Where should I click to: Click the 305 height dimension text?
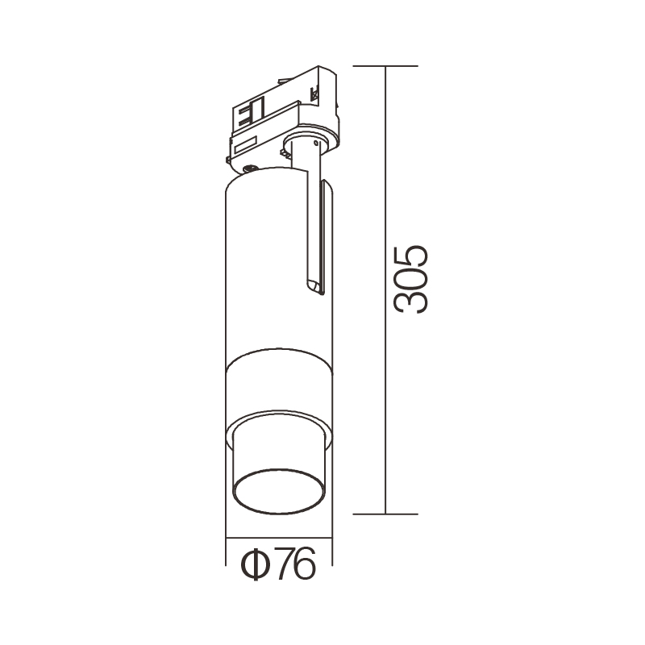pyautogui.click(x=410, y=280)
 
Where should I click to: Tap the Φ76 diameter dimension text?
pyautogui.click(x=278, y=564)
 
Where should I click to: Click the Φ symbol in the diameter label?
pyautogui.click(x=255, y=564)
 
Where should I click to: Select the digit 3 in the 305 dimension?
pyautogui.click(x=410, y=303)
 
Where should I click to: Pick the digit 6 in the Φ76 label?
pyautogui.click(x=305, y=564)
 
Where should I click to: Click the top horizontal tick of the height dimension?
pyautogui.click(x=385, y=66)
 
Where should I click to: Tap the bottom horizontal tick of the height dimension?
pyautogui.click(x=385, y=514)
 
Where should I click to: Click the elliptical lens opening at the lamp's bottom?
pyautogui.click(x=278, y=492)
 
